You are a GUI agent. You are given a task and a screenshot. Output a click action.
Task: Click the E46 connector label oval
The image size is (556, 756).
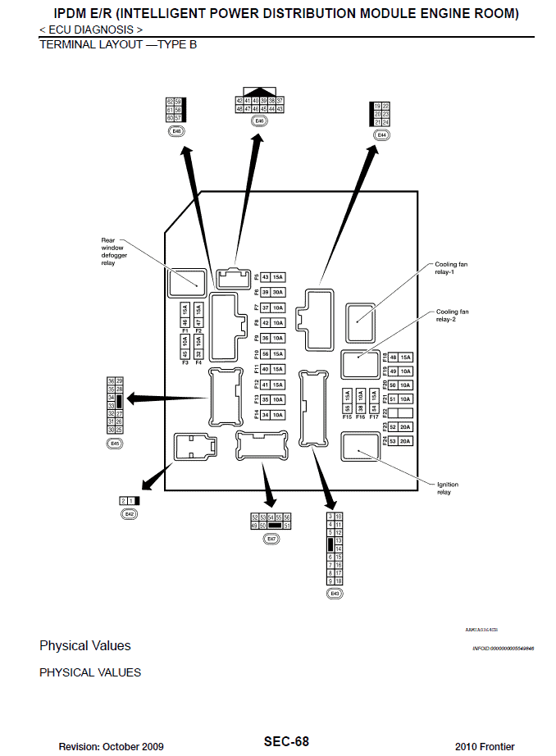[260, 121]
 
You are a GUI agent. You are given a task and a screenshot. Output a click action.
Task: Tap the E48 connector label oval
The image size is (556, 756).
[176, 130]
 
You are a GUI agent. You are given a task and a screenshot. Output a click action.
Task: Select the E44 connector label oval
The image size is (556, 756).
[381, 134]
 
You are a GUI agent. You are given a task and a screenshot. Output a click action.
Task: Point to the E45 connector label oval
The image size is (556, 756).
[115, 443]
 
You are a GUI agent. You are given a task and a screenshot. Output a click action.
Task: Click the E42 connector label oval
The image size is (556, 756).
[129, 513]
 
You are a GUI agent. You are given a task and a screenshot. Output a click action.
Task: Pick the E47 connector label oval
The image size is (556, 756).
[271, 539]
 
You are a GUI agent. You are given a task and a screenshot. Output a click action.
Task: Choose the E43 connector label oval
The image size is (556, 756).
[334, 593]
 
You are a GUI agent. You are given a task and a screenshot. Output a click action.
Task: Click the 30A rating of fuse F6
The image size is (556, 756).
[278, 292]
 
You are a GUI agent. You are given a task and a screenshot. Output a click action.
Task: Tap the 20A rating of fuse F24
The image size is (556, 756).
[405, 441]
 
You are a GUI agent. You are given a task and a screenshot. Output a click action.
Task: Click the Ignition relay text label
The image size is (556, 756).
[447, 488]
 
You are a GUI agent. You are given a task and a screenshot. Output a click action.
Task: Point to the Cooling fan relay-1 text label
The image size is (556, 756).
[452, 268]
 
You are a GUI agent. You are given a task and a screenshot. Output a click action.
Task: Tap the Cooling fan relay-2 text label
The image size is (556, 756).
[452, 316]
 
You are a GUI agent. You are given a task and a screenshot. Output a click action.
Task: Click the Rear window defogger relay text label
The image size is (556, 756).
[113, 252]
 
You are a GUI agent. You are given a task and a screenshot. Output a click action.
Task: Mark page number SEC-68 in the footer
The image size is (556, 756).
[286, 741]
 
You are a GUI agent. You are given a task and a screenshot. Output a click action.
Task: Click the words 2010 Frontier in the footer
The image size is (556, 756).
[485, 746]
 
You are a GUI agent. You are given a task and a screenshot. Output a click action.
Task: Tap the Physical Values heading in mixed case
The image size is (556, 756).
[85, 645]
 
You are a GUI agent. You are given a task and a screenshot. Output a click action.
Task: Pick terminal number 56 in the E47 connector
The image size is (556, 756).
[287, 517]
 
